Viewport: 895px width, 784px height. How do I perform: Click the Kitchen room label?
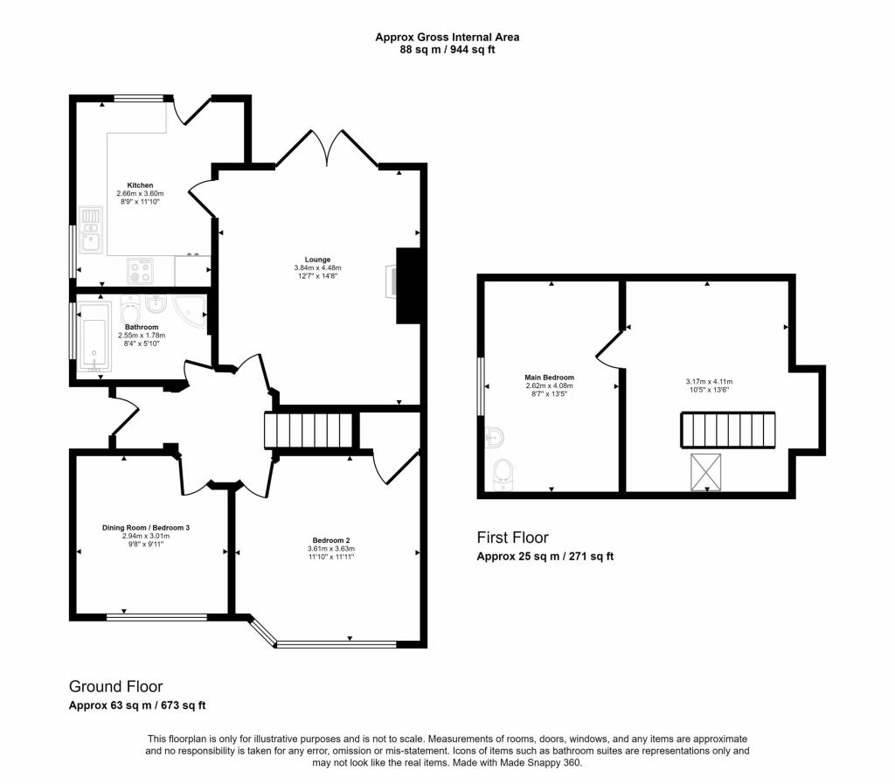point(140,185)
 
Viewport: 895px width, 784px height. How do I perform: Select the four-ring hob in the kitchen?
point(140,270)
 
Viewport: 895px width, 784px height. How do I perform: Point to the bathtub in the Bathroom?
point(93,342)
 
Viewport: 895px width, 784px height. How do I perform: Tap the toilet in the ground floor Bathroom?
point(132,311)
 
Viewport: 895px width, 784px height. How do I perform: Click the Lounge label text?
point(317,260)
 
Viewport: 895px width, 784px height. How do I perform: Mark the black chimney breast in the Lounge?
point(407,286)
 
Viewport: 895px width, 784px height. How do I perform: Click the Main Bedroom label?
point(549,378)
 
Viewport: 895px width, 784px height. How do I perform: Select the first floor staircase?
point(727,431)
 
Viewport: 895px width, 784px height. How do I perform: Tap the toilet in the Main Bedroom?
point(503,473)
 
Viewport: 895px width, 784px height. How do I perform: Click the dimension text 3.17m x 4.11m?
point(709,381)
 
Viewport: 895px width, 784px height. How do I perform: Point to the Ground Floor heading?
point(115,687)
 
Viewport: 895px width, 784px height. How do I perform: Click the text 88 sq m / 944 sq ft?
point(447,50)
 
